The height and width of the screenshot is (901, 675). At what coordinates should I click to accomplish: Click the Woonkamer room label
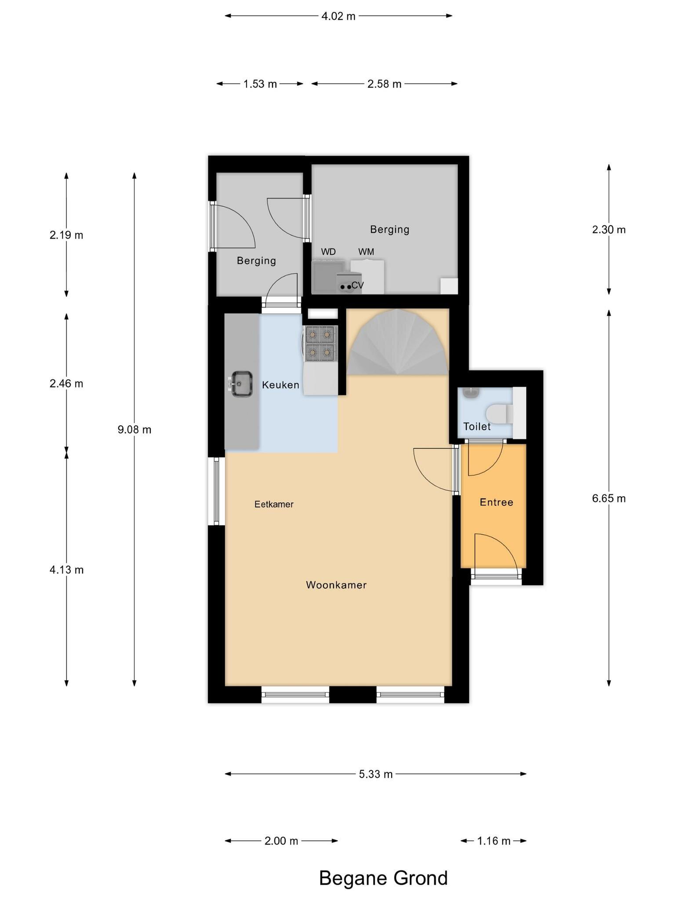pyautogui.click(x=336, y=585)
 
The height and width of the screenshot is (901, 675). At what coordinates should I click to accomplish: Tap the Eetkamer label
pyautogui.click(x=274, y=504)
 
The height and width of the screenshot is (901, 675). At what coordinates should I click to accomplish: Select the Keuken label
pyautogui.click(x=280, y=385)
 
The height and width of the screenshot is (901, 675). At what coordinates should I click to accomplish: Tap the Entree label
pyautogui.click(x=497, y=502)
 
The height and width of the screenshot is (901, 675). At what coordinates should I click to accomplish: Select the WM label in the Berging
pyautogui.click(x=366, y=252)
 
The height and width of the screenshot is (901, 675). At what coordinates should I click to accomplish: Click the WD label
pyautogui.click(x=328, y=252)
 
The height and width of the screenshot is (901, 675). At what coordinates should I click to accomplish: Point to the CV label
pyautogui.click(x=357, y=285)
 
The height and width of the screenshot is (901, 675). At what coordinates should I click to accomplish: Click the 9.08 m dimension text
pyautogui.click(x=134, y=430)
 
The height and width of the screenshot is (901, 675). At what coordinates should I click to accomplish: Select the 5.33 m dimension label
pyautogui.click(x=376, y=774)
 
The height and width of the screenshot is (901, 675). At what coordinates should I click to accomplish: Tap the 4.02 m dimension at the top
pyautogui.click(x=338, y=16)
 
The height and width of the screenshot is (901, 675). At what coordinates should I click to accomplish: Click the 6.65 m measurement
pyautogui.click(x=609, y=498)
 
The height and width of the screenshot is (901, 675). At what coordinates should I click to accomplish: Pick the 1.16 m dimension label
pyautogui.click(x=494, y=841)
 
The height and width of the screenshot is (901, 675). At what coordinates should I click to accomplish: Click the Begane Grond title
pyautogui.click(x=383, y=878)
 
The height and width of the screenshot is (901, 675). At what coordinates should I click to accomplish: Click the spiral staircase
pyautogui.click(x=398, y=342)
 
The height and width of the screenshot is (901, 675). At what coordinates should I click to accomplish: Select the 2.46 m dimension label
pyautogui.click(x=66, y=384)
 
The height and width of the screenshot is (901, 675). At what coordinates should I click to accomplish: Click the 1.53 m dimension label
pyautogui.click(x=260, y=84)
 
